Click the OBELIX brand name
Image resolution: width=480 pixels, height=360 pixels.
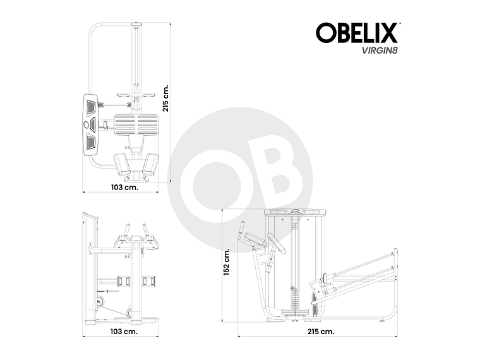click(x=357, y=33)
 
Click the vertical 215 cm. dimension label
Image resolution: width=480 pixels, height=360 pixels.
click(x=167, y=98)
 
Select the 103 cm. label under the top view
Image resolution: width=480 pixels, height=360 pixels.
click(x=124, y=188)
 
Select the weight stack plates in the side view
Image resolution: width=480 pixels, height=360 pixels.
click(x=294, y=297)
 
